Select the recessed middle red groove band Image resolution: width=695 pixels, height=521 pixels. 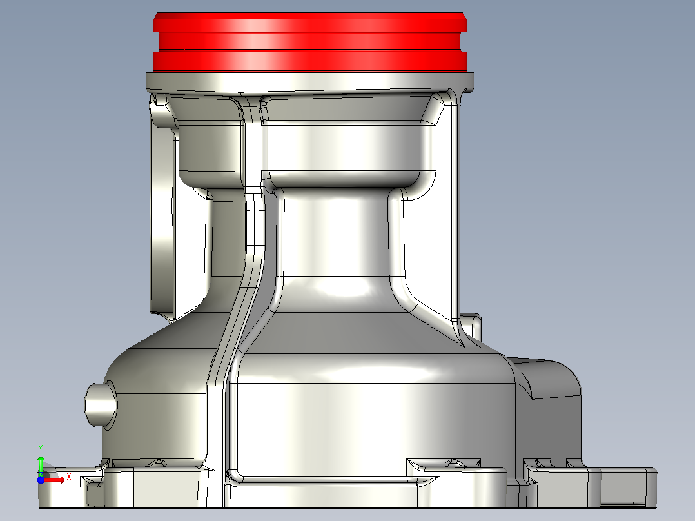point(310,42)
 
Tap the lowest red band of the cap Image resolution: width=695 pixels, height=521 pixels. point(310,62)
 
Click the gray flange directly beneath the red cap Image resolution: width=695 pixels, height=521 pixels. point(310,83)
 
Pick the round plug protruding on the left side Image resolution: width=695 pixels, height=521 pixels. point(101,404)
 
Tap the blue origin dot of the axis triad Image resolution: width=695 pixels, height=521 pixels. point(41,480)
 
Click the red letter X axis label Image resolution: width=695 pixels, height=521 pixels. point(69,477)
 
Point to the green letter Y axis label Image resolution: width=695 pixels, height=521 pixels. point(41,449)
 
